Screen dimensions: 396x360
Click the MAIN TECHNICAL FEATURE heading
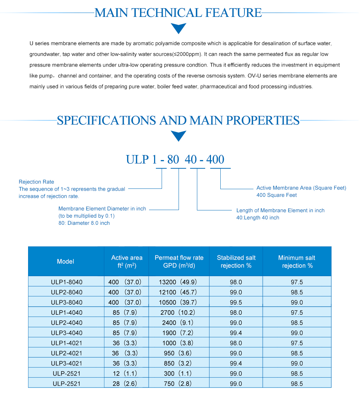178,13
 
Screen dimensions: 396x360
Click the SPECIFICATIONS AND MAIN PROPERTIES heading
178,120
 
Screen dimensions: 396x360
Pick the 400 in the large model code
215,159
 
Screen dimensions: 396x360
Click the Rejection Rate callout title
36,182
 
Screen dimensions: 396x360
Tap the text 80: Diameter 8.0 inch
84,223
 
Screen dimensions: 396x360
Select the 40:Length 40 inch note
258,218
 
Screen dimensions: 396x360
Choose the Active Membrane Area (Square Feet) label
301,188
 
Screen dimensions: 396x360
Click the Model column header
66,261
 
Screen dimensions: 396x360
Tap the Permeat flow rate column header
179,258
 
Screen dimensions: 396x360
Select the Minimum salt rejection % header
297,261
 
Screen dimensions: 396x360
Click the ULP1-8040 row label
67,282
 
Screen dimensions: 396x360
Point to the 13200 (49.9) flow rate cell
179,282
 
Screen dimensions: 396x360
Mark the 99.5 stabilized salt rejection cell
236,302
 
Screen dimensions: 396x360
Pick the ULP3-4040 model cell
67,333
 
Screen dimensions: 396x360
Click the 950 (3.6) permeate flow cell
179,353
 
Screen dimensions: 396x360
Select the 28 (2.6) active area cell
125,384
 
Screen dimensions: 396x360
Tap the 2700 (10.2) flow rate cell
179,313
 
